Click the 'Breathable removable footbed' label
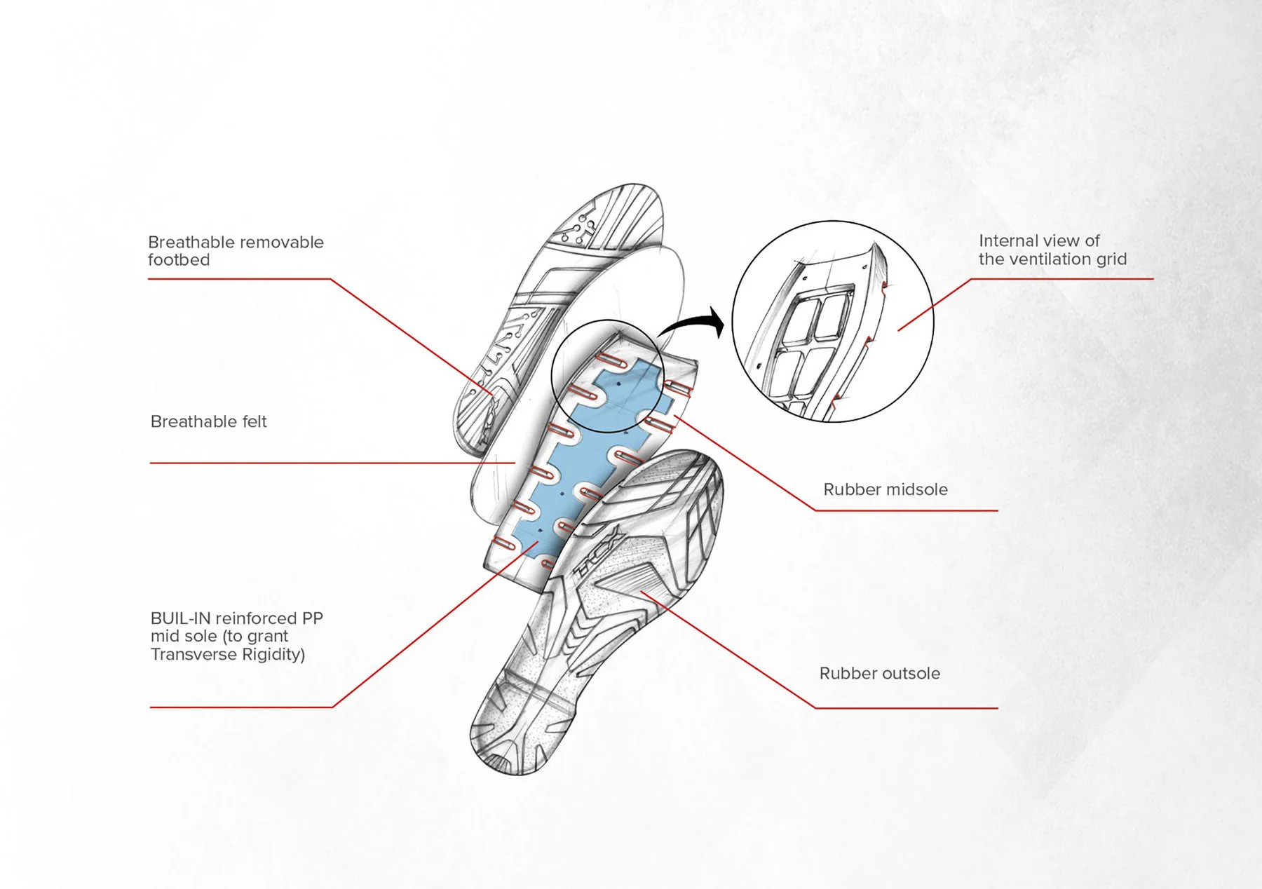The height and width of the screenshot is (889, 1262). tap(236, 251)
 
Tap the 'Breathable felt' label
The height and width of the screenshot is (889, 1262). tap(208, 421)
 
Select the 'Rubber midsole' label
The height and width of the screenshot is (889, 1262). tap(885, 489)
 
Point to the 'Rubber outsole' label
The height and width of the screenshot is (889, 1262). tap(879, 673)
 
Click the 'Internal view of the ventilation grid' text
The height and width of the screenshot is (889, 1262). tap(1052, 250)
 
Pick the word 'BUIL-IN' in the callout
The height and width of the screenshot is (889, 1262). tap(180, 618)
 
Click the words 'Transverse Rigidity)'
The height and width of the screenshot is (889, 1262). tap(227, 654)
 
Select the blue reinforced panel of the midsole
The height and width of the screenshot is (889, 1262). tap(575, 463)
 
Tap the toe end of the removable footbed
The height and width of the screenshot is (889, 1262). tap(631, 200)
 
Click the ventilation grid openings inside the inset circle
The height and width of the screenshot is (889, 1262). tap(813, 337)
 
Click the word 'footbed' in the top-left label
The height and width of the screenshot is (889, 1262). tap(178, 260)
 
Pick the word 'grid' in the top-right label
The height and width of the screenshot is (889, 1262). tap(1111, 259)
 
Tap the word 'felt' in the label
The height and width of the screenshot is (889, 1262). tap(253, 421)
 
